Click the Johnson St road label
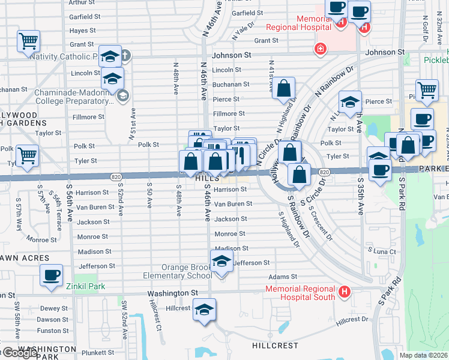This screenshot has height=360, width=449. tap(231, 55)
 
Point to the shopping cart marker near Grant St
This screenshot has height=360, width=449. tap(28, 41)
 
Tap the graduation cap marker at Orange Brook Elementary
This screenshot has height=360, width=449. tap(221, 261)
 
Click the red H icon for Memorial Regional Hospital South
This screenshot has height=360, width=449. tap(345, 292)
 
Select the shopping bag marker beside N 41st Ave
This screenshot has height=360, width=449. tap(285, 88)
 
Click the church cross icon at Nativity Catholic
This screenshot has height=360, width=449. tap(125, 56)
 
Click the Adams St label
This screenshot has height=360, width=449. tap(283, 277)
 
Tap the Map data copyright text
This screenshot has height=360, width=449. tap(423, 355)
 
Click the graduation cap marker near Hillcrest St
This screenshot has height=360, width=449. tap(205, 309)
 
